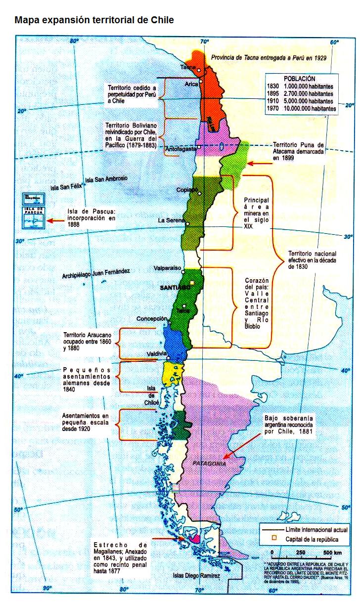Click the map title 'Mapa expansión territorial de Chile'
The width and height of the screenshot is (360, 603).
94,20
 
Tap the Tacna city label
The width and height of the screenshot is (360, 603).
188,67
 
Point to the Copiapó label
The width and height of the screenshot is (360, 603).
187,190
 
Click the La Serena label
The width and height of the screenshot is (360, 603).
171,220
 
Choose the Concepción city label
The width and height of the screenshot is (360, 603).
152,319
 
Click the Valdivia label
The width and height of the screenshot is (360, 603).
157,354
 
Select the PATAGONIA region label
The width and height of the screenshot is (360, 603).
209,464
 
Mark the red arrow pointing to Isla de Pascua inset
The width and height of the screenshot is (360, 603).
56,220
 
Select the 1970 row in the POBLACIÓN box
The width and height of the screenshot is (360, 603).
301,108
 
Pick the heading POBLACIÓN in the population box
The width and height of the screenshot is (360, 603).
299,78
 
